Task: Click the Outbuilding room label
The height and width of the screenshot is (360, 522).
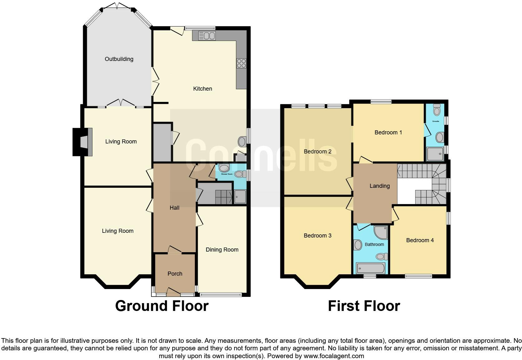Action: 119,59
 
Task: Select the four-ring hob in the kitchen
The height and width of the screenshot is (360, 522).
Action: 241,63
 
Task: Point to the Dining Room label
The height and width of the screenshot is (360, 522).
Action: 222,250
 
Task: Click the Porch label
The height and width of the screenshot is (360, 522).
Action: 175,274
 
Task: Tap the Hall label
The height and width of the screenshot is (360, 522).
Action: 175,208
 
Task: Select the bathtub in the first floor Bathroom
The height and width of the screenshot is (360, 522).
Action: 371,268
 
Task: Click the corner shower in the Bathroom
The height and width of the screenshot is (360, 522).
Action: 381,232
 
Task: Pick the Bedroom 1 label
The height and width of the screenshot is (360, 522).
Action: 388,132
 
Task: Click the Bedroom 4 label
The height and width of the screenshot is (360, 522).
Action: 420,240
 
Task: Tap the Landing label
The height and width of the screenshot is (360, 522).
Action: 380,186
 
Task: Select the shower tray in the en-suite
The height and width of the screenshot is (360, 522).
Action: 435,154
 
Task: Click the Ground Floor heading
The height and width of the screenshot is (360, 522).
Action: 162,306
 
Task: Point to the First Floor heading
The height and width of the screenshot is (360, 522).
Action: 364,306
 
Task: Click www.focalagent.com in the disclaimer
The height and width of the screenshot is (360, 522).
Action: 333,356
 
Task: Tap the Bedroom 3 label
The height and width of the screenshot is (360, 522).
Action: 318,236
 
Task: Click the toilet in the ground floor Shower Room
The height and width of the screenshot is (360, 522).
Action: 240,174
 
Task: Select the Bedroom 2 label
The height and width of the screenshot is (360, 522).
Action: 318,152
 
